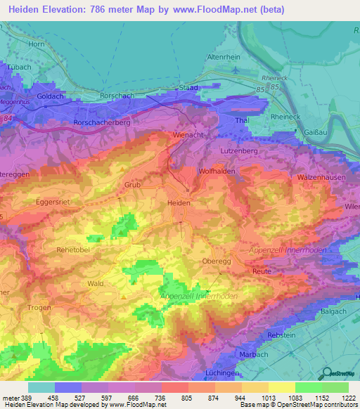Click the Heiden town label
tap(179, 202)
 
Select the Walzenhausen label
tap(321, 178)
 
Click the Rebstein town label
tap(281, 335)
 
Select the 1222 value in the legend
tap(345, 397)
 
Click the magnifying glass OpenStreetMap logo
tap(327, 373)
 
